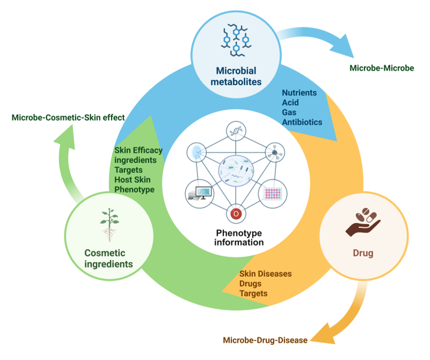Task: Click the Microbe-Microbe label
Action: (382, 68)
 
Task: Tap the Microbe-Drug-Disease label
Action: (265, 340)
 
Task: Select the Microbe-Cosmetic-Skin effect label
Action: (68, 117)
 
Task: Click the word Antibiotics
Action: (302, 122)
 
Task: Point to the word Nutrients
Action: (300, 92)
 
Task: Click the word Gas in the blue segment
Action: (289, 112)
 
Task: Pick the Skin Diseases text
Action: (265, 274)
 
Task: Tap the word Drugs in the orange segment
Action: (252, 283)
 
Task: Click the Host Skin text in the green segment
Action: (130, 180)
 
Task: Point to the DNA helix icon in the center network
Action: (235, 130)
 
